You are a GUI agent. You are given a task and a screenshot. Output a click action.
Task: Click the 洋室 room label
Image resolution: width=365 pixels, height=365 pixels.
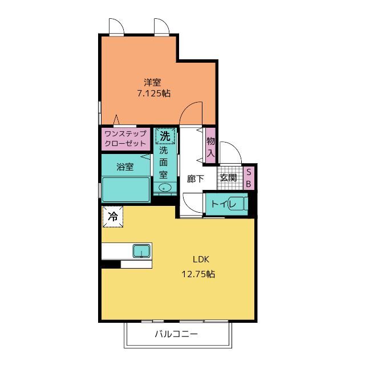[x=152, y=82]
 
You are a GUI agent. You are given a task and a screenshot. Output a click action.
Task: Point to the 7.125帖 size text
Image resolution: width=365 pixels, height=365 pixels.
[x=153, y=94]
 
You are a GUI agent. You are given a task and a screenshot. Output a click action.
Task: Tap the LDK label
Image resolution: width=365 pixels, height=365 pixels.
[x=201, y=259]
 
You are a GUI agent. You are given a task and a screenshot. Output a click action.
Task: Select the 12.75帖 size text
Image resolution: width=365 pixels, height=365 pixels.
[x=198, y=274]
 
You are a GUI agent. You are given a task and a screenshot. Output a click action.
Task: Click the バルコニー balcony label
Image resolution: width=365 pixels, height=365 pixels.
[x=176, y=334]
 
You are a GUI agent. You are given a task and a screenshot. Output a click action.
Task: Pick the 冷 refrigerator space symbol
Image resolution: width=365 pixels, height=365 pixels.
[x=113, y=217]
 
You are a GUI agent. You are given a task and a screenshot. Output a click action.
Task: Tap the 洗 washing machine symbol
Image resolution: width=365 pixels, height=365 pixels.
[x=165, y=136]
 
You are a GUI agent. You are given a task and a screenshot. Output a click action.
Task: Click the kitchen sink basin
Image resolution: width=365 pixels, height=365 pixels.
[x=141, y=251]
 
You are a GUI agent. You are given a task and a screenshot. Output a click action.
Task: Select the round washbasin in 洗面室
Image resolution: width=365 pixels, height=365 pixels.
[x=165, y=187]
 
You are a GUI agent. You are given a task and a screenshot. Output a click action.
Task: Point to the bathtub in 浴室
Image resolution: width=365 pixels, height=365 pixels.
[x=125, y=189]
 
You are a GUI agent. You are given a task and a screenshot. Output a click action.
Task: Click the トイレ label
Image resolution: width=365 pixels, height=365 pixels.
[x=223, y=204]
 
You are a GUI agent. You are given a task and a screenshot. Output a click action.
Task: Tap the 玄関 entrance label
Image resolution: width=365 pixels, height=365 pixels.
[x=228, y=177]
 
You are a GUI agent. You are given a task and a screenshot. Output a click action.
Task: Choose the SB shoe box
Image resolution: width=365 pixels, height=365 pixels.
[x=249, y=179]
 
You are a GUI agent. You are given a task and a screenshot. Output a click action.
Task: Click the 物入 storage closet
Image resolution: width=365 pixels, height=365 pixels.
[x=210, y=146]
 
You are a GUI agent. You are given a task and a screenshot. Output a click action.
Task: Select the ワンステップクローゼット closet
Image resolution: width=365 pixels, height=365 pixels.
[x=125, y=139]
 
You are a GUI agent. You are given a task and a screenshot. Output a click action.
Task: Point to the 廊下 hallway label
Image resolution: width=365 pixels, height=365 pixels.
[x=196, y=179]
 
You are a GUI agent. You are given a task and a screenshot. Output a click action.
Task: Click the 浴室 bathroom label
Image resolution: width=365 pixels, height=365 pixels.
[x=125, y=167]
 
